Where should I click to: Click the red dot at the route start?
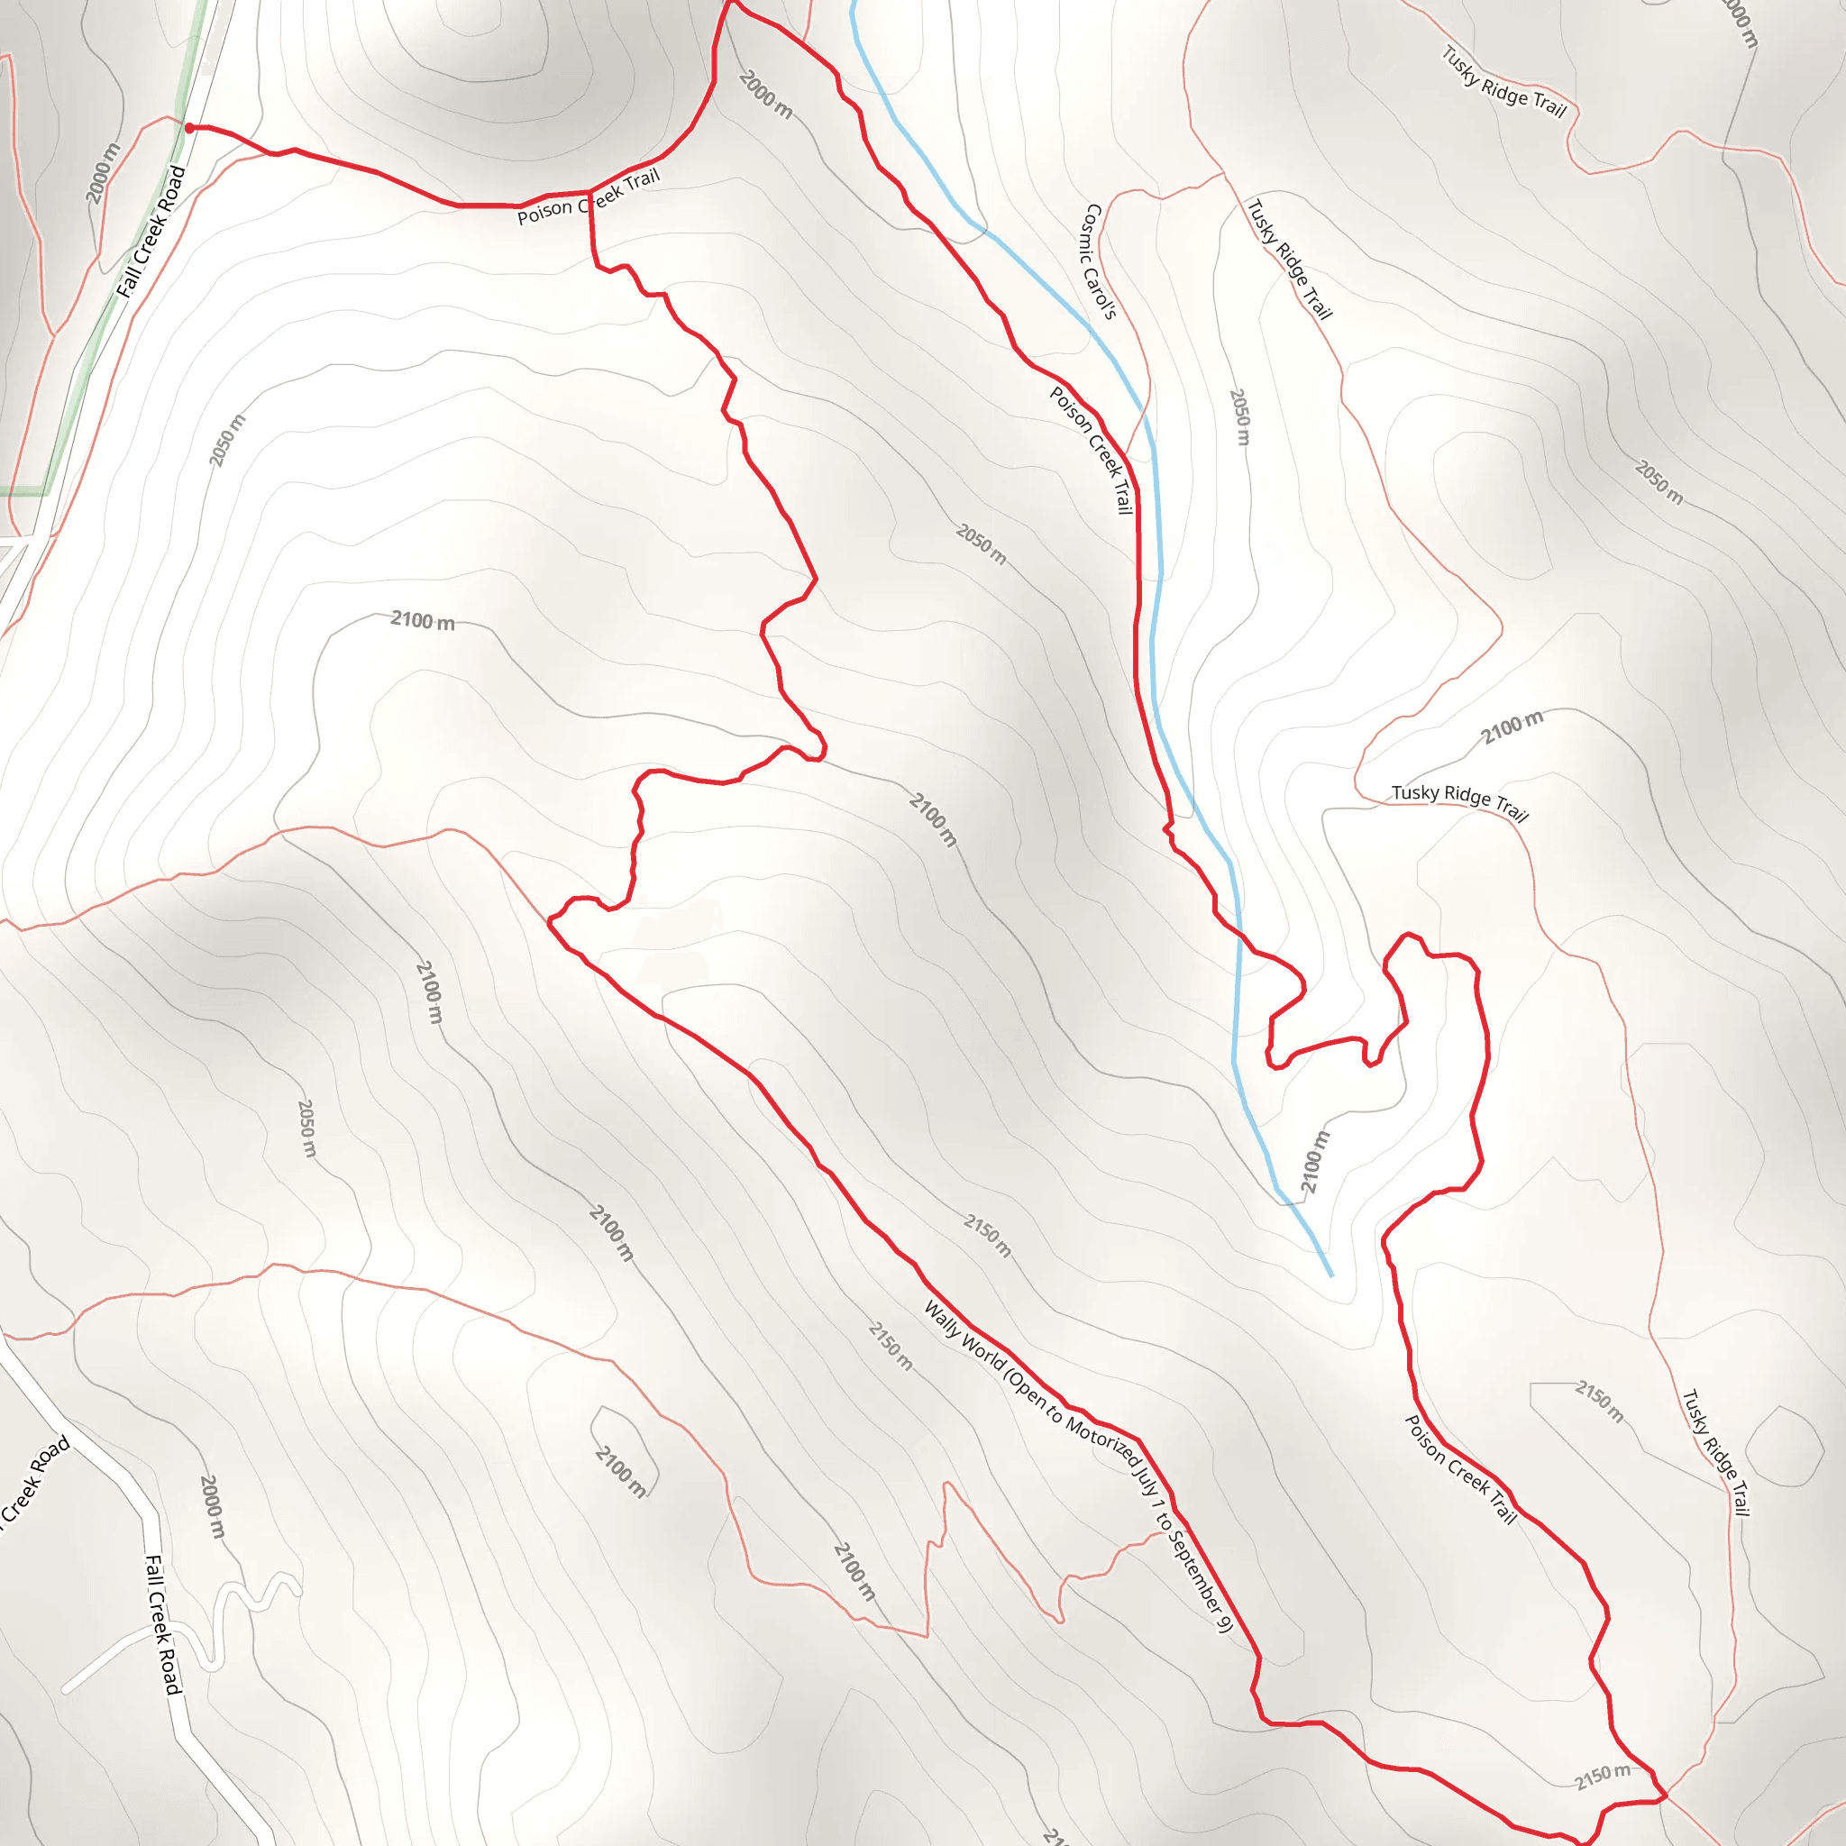[x=189, y=128]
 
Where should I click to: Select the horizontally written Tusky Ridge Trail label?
[x=1459, y=799]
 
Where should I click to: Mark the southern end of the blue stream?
[x=1331, y=1275]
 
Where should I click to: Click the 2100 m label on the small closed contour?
[x=621, y=1471]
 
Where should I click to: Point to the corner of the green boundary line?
[x=44, y=491]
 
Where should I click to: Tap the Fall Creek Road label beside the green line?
[x=150, y=233]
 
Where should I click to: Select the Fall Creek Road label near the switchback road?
[x=161, y=1624]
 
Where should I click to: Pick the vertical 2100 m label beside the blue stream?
[x=1315, y=1162]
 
